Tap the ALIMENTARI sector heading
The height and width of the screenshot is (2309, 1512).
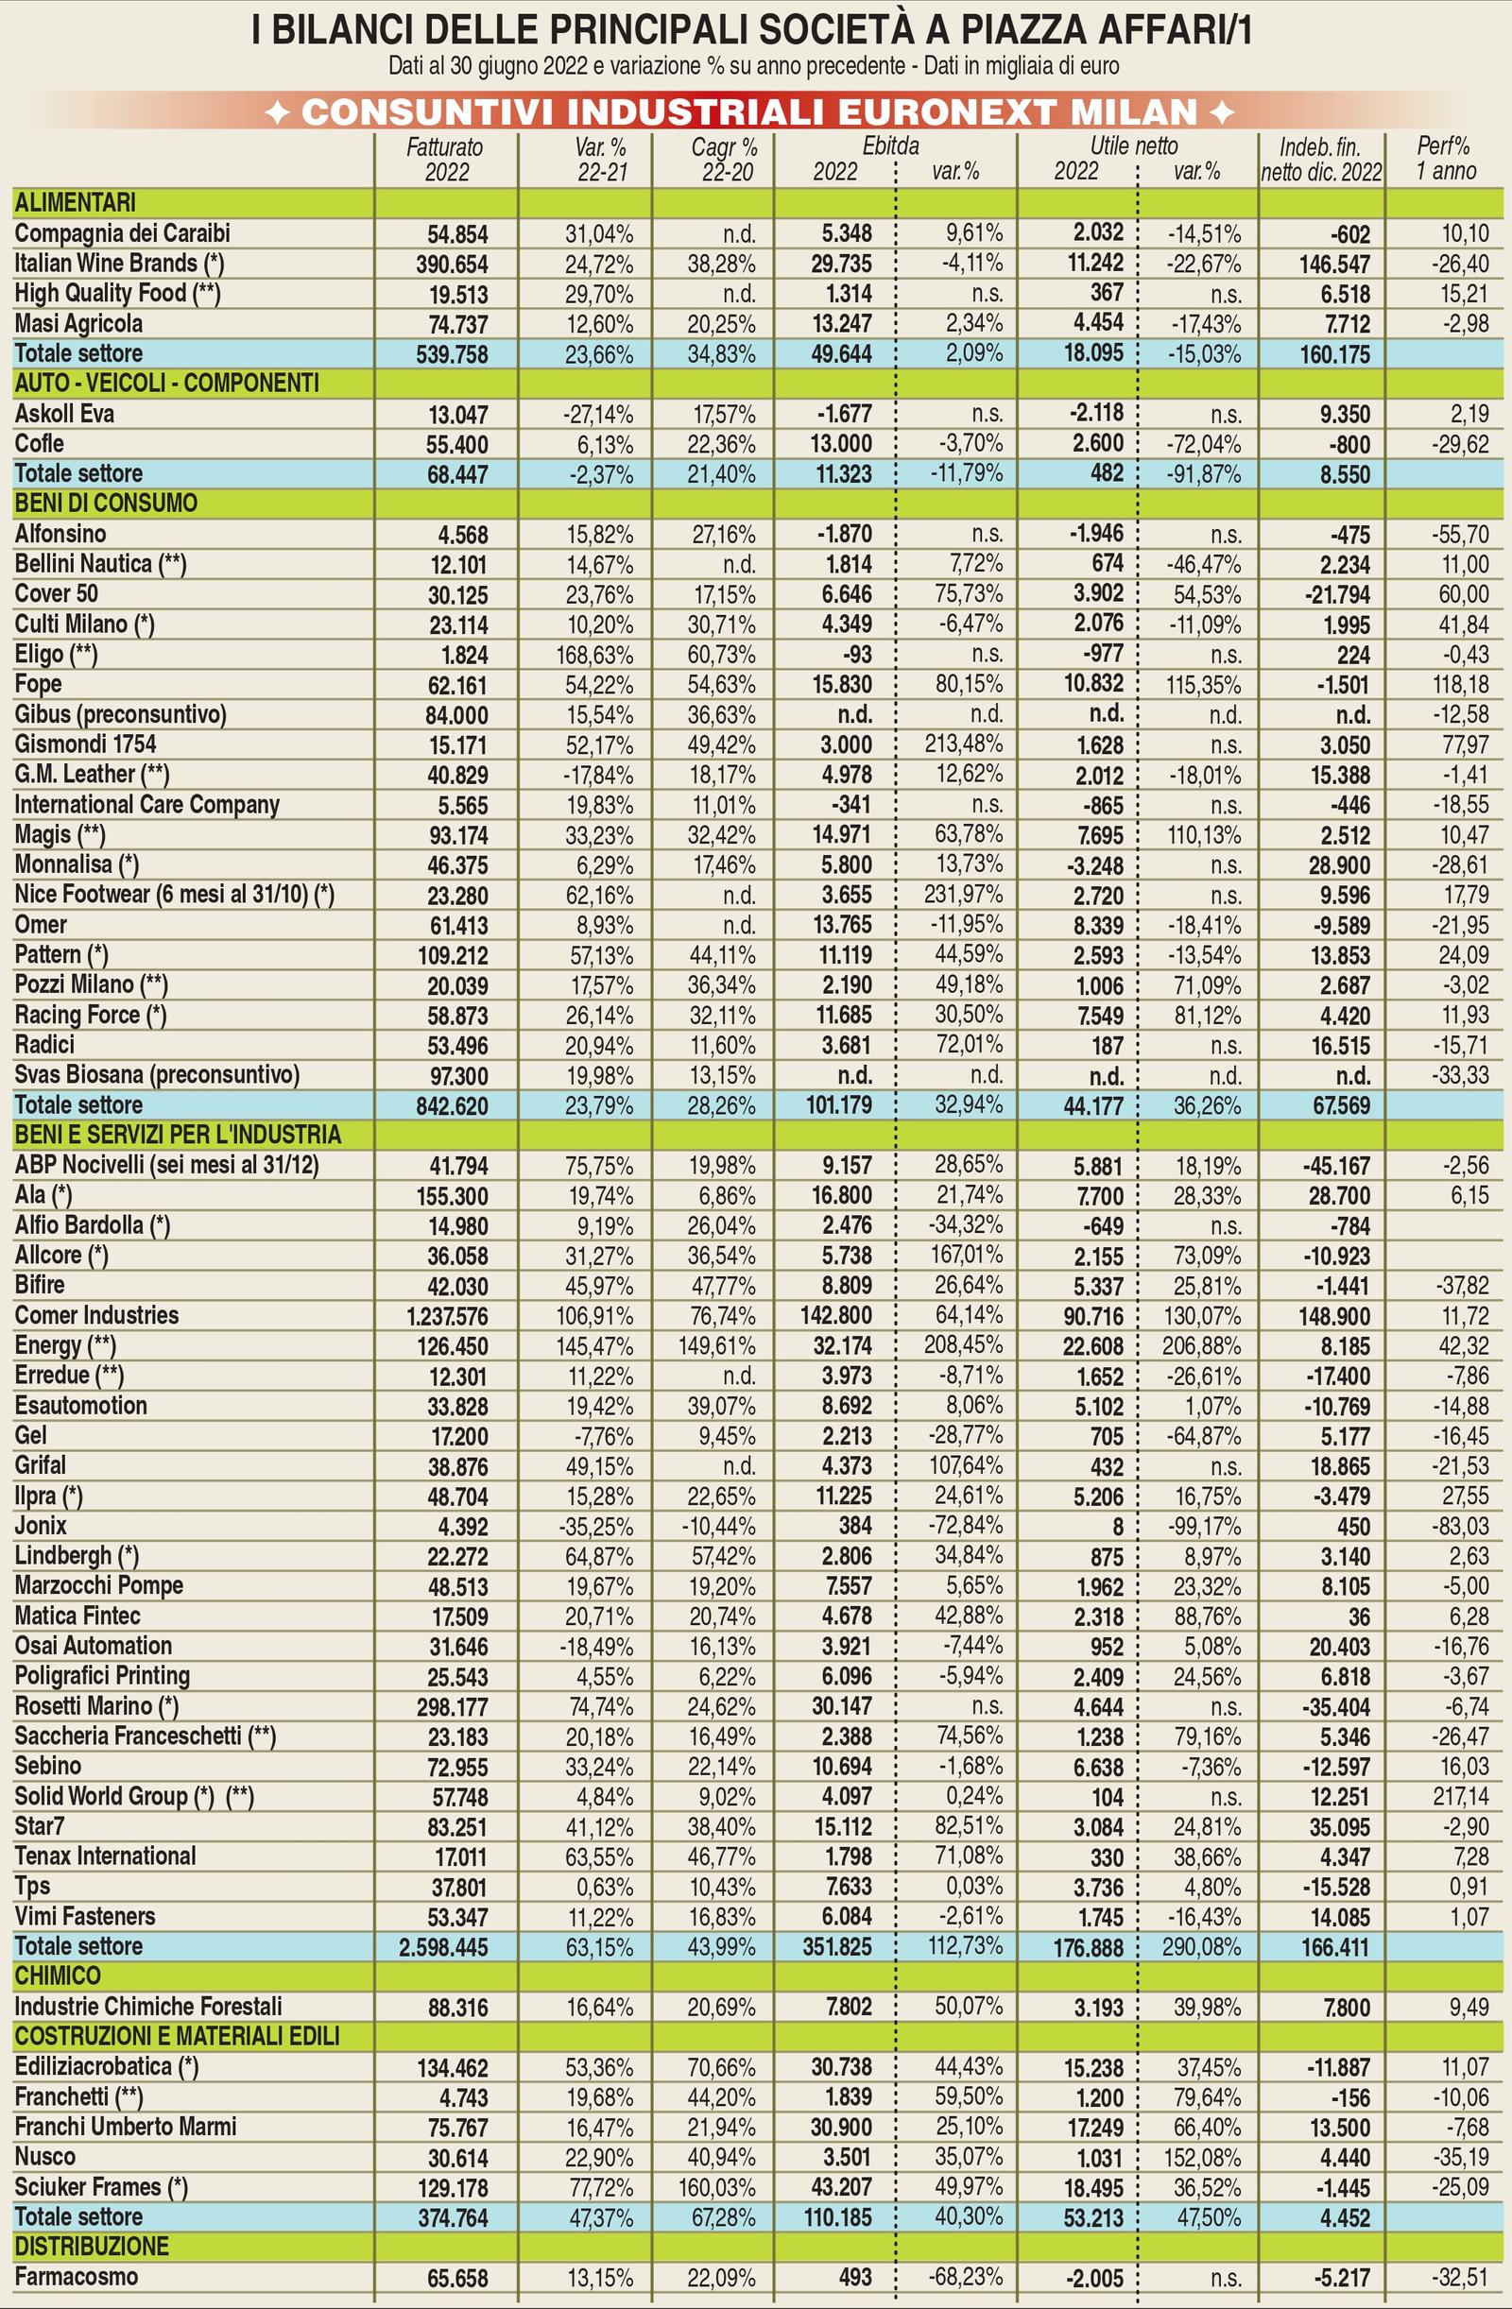point(75,203)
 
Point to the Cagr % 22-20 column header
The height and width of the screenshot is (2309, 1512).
point(724,159)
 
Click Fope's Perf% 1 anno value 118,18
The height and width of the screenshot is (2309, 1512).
point(1461,685)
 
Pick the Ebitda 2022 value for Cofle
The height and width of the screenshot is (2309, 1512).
point(841,444)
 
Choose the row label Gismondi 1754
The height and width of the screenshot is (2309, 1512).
point(85,745)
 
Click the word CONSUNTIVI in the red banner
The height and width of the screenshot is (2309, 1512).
point(428,112)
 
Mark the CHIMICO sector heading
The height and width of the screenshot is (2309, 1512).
point(58,1976)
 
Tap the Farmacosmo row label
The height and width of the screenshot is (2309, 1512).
point(76,2277)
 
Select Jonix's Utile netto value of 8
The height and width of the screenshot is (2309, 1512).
point(1117,1527)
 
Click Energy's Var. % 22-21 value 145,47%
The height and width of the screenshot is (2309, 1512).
point(595,1346)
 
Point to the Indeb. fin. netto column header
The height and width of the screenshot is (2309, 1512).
point(1321,159)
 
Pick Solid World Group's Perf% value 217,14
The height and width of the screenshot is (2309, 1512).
point(1461,1797)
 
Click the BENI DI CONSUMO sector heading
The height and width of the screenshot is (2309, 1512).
point(106,504)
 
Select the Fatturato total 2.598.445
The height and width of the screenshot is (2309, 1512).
point(443,1947)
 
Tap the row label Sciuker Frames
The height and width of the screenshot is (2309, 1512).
point(101,2187)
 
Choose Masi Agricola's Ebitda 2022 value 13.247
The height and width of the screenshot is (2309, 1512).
point(841,324)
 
